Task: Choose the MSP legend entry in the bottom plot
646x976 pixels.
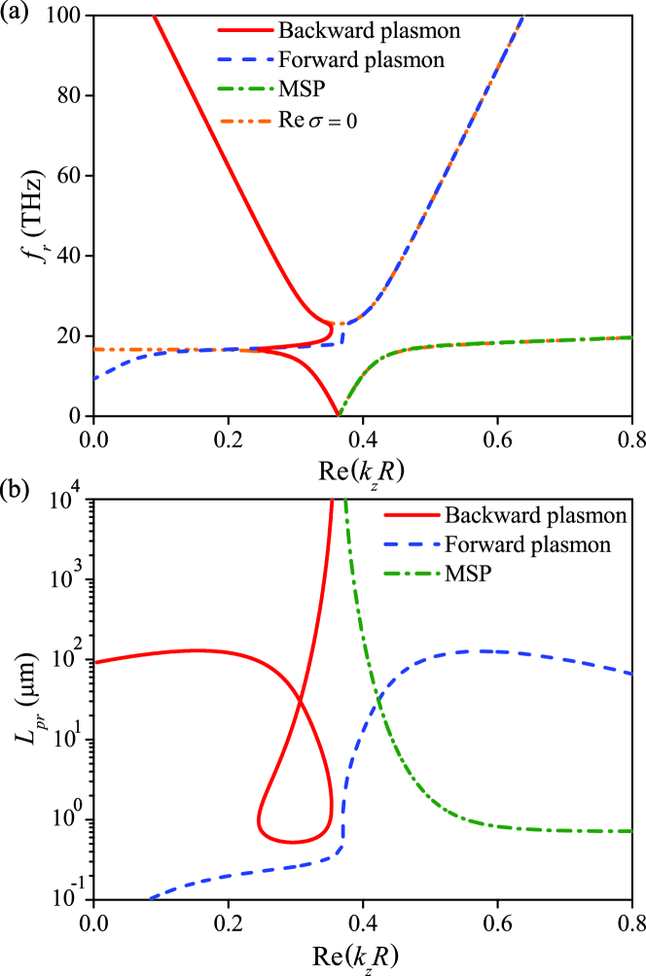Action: click(467, 575)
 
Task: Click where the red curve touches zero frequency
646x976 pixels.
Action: click(338, 414)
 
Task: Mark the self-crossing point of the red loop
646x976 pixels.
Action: click(298, 701)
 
